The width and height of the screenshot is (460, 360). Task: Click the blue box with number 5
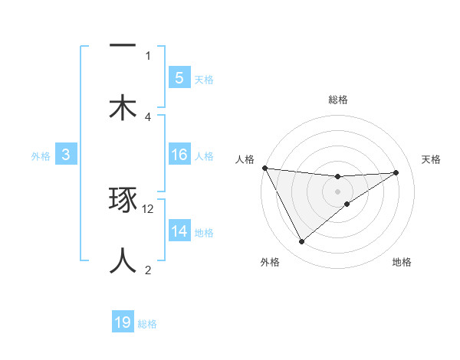(179, 77)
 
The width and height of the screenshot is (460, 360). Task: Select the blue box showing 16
(179, 155)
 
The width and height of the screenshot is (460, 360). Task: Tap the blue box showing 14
(179, 231)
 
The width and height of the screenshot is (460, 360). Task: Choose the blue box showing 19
(123, 322)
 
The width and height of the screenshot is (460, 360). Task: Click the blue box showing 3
(66, 155)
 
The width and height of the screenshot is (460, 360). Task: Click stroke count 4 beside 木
(148, 116)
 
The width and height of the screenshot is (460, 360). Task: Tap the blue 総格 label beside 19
(147, 324)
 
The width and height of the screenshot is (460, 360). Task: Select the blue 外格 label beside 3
(41, 155)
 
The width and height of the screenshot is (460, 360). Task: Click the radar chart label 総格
(338, 100)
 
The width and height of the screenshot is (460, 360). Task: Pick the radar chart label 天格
(432, 159)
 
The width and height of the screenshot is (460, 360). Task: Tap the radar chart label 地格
(402, 262)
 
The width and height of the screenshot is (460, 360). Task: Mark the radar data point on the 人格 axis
(264, 168)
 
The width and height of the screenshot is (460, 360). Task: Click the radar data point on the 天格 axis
(396, 172)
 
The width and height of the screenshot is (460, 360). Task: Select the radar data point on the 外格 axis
(301, 242)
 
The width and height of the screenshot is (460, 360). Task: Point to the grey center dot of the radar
(338, 191)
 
